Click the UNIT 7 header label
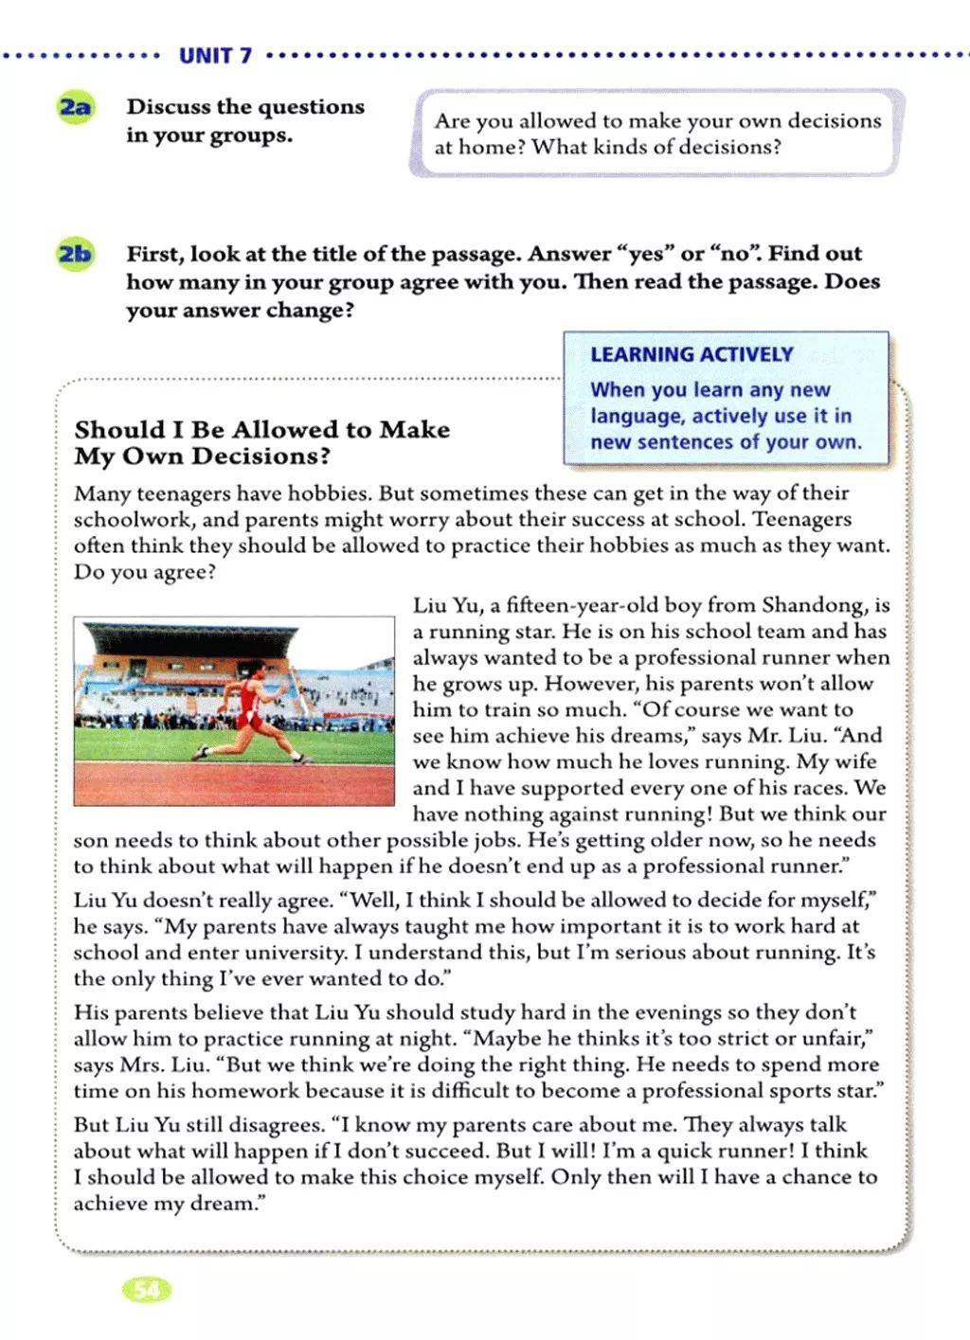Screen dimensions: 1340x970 click(215, 55)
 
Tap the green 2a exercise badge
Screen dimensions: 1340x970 click(75, 107)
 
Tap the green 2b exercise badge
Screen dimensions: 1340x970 click(75, 254)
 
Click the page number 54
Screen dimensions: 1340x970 click(147, 1289)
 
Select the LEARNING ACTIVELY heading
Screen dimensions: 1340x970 click(692, 354)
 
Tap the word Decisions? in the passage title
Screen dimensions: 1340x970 click(262, 456)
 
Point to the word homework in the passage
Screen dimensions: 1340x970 click(207, 1091)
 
